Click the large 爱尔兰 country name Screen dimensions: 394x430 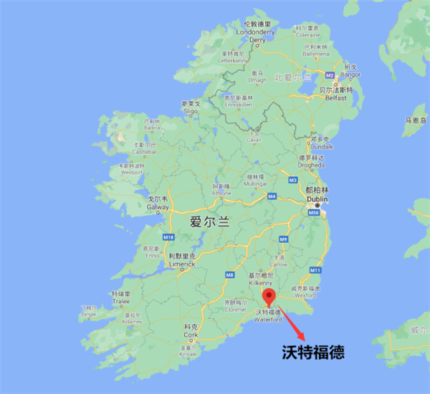coord(209,222)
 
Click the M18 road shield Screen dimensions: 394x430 coord(168,237)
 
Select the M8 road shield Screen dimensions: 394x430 coord(229,274)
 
